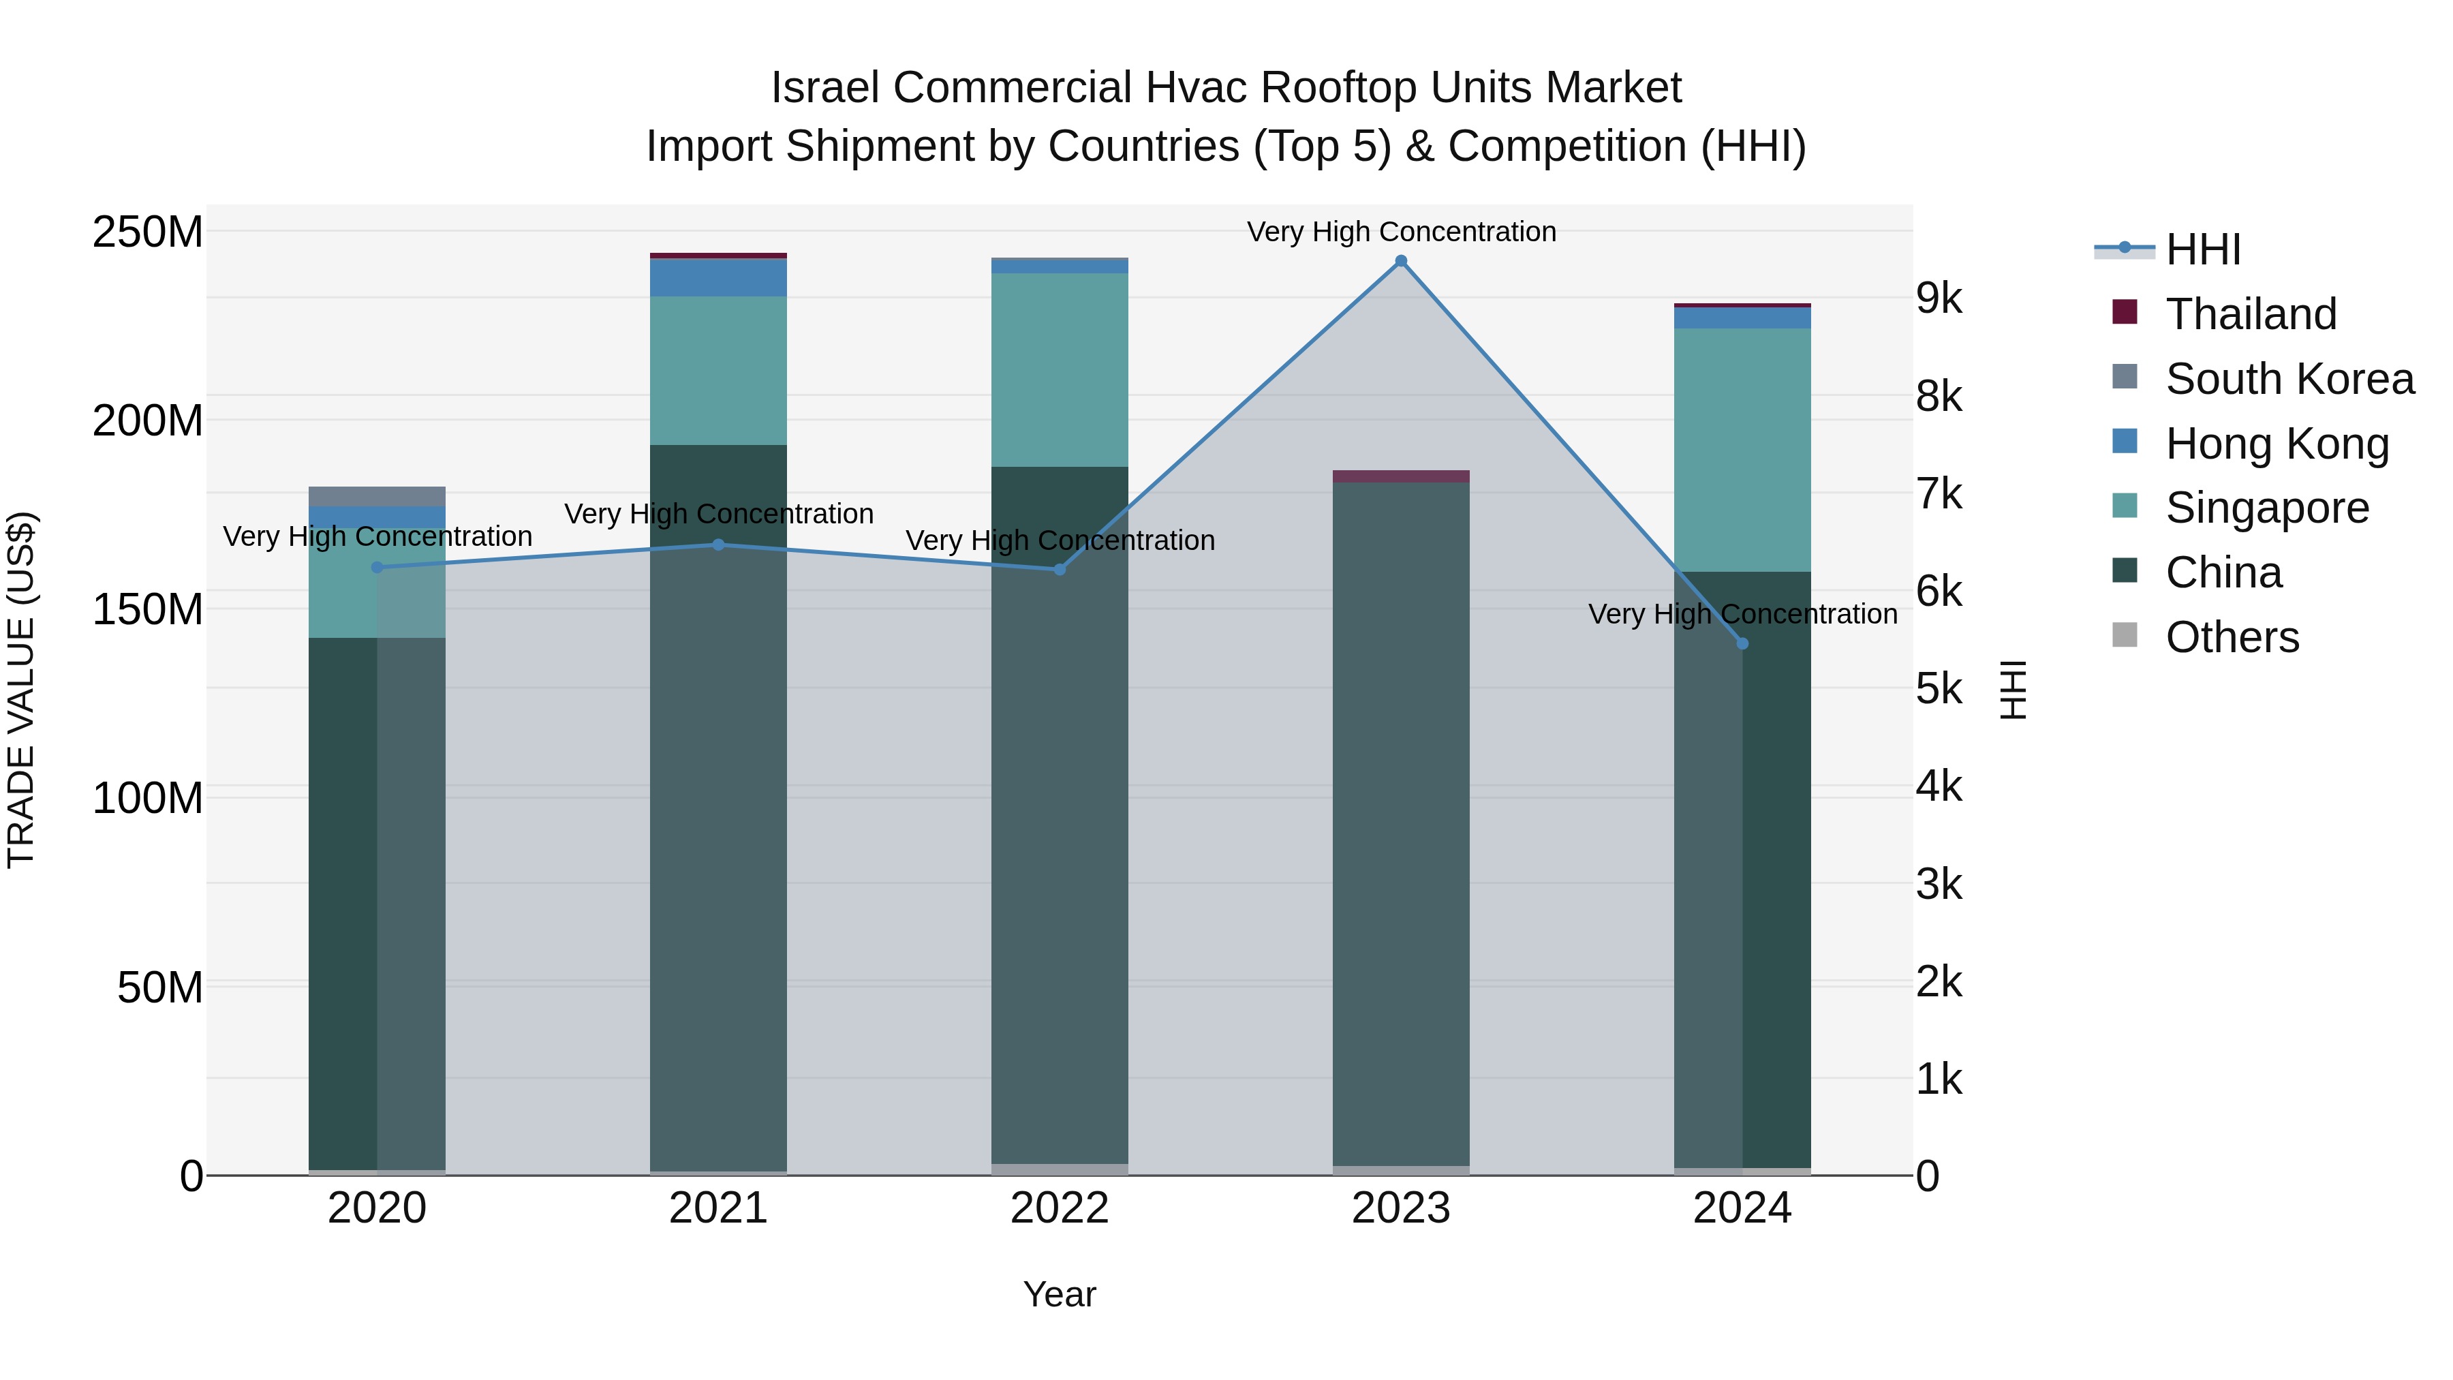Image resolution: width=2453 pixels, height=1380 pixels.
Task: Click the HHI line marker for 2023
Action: [x=1401, y=261]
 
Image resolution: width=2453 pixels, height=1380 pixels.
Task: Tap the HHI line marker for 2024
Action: [x=1742, y=644]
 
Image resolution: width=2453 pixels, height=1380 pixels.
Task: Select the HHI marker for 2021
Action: [x=719, y=545]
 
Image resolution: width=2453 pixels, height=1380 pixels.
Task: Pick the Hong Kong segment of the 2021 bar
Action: [x=719, y=277]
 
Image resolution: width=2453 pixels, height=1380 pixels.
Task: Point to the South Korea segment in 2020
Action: [x=377, y=496]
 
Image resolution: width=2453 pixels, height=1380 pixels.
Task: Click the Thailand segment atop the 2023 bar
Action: [x=1401, y=476]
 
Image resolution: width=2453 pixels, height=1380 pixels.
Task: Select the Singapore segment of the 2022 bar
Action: [x=1060, y=369]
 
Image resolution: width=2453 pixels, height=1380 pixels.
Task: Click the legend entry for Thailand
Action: [x=2251, y=314]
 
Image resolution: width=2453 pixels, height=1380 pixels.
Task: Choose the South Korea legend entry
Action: [x=2289, y=379]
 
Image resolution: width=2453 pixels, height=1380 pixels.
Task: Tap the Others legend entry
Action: [x=2232, y=637]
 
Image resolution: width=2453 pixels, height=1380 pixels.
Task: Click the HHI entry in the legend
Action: [x=2202, y=249]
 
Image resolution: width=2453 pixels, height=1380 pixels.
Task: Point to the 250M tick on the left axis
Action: [x=148, y=232]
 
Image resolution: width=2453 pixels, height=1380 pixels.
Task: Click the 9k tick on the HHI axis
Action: [x=1940, y=299]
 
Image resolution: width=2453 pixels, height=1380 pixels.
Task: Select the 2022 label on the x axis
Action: [x=1060, y=1208]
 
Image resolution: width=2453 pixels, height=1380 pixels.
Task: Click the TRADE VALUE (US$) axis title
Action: [x=21, y=690]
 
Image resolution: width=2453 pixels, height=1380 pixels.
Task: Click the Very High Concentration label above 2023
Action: [x=1401, y=232]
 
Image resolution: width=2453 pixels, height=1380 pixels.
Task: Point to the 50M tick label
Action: [x=160, y=987]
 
